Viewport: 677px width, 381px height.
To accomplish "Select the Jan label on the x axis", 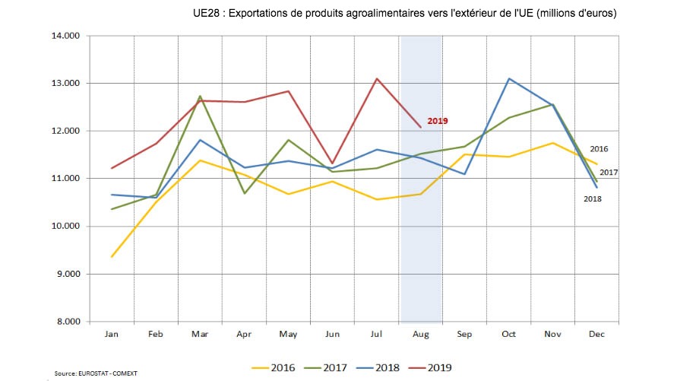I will click(x=112, y=334).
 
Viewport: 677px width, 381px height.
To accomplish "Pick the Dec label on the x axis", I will click(x=596, y=334).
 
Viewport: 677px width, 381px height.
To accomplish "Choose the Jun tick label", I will click(x=332, y=334).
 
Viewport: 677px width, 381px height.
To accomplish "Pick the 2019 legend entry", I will click(x=438, y=367).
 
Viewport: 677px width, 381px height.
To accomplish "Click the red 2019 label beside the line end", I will click(x=438, y=121).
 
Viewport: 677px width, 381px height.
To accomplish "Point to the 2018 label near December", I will click(x=593, y=199).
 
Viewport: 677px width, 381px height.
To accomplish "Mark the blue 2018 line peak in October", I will click(x=508, y=78).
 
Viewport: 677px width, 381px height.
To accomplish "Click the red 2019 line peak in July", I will click(x=377, y=78).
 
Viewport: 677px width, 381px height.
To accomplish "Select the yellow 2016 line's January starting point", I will click(x=112, y=257).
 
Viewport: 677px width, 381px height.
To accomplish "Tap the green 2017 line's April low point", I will click(x=245, y=193).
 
